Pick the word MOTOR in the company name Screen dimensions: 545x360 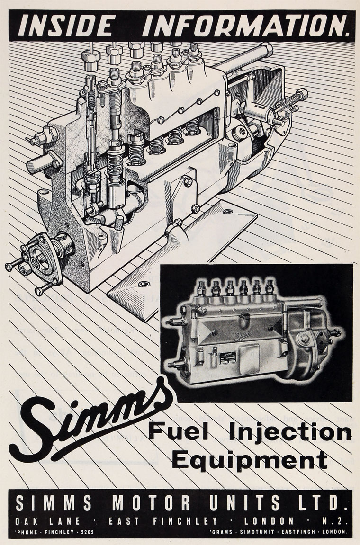pyautogui.click(x=147, y=503)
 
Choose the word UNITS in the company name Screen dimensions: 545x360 pyautogui.click(x=241, y=503)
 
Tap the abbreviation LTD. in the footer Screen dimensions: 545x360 pyautogui.click(x=320, y=503)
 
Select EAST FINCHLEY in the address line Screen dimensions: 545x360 pyautogui.click(x=163, y=521)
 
